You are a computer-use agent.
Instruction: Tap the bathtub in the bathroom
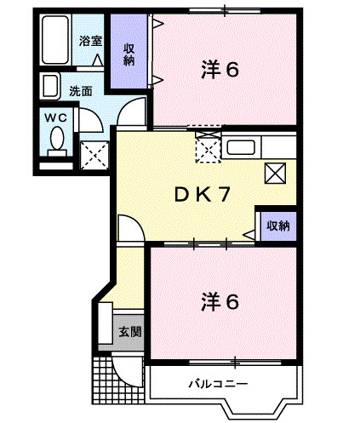point(57,40)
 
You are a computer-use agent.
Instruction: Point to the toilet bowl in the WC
point(57,140)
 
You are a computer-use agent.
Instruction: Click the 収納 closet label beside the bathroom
point(129,54)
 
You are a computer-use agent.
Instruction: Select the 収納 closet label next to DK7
point(278,226)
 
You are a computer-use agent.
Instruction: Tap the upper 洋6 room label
point(220,70)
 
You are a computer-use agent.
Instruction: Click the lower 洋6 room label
point(220,301)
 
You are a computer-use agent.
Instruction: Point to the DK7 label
point(203,195)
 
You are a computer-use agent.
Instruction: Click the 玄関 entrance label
point(129,331)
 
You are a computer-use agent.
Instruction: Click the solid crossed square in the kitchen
point(276,174)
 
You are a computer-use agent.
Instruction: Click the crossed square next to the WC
point(92,153)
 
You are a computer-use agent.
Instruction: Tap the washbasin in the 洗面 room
point(50,86)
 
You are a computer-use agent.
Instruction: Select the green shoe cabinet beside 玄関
point(105,327)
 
